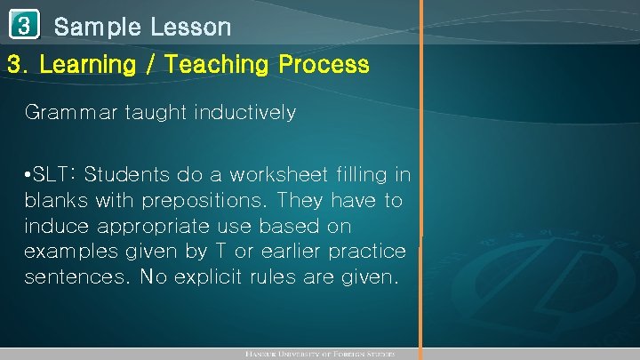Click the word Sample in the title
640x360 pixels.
(x=97, y=28)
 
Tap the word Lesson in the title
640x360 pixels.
(x=190, y=28)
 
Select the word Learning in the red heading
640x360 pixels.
(x=86, y=65)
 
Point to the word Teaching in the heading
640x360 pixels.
(x=212, y=65)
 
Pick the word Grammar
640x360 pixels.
(x=66, y=113)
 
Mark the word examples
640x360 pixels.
(x=67, y=252)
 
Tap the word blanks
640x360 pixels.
(x=53, y=200)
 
